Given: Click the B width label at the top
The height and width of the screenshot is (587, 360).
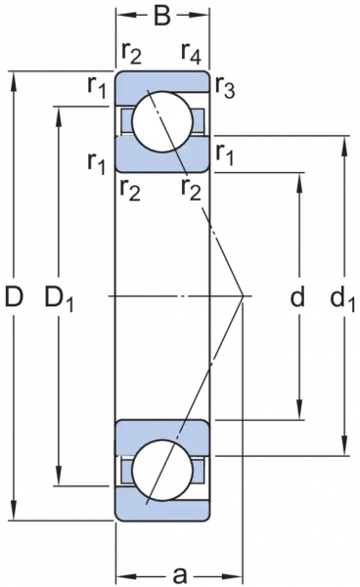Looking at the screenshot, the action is (x=162, y=17).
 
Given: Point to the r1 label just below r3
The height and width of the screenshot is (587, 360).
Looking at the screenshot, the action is (x=224, y=153).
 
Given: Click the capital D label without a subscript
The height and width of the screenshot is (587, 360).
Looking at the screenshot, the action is (x=13, y=293).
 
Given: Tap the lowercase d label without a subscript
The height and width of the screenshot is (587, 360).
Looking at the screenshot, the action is (x=296, y=294).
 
